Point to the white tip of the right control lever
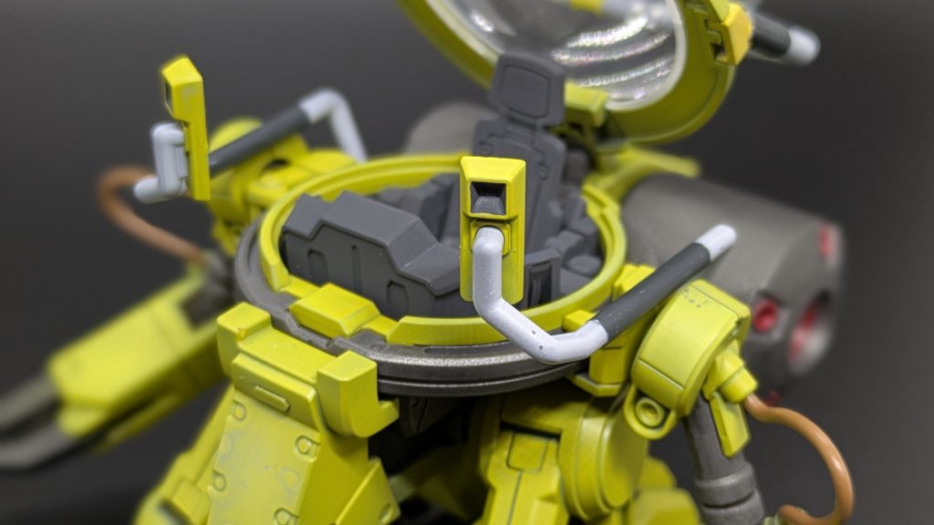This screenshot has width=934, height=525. tap(716, 240)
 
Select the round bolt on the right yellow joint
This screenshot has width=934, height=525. tap(649, 414)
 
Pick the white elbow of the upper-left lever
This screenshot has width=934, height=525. tap(319, 105)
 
